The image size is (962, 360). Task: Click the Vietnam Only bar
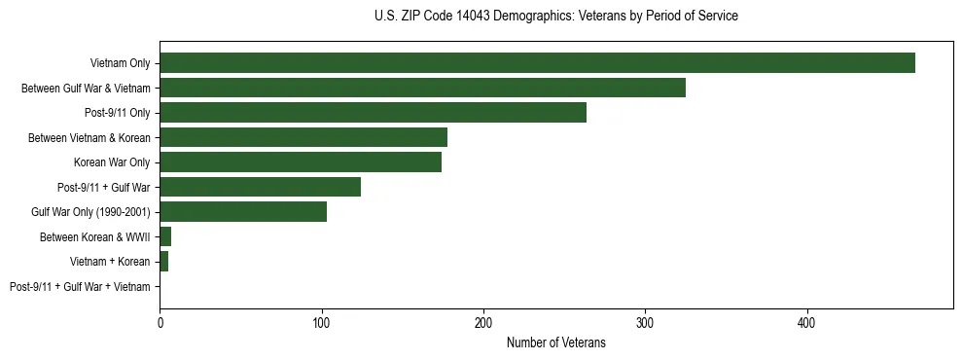(537, 63)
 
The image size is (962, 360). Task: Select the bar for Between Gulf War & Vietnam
(422, 88)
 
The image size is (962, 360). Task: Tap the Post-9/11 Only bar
(373, 113)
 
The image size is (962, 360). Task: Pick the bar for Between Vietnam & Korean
(303, 137)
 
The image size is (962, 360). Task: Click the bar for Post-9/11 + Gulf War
(260, 187)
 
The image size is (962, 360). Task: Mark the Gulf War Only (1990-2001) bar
(243, 212)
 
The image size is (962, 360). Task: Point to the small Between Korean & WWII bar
(165, 236)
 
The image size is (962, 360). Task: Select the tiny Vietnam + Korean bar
(164, 262)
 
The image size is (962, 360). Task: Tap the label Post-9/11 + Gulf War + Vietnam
(80, 287)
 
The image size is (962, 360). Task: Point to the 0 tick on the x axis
(160, 322)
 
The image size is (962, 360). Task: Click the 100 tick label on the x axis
(321, 322)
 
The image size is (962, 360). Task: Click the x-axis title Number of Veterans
(555, 342)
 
